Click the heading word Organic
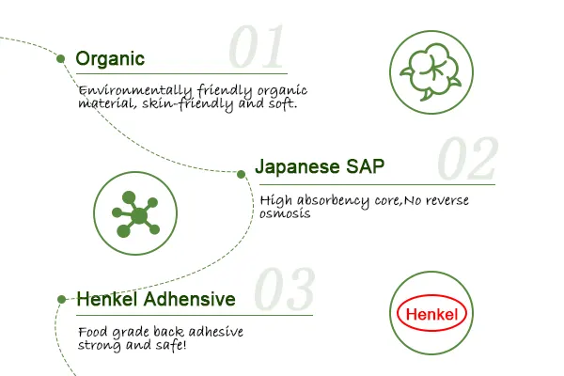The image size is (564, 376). pyautogui.click(x=110, y=59)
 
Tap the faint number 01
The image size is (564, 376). pyautogui.click(x=257, y=46)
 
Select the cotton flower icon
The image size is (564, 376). pyautogui.click(x=431, y=72)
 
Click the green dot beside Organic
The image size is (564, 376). pyautogui.click(x=61, y=58)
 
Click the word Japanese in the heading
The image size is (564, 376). pyautogui.click(x=297, y=167)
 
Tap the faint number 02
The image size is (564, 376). pyautogui.click(x=467, y=158)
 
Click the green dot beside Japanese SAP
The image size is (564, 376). pyautogui.click(x=241, y=175)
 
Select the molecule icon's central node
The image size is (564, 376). pyautogui.click(x=139, y=215)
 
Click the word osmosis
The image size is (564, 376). pyautogui.click(x=285, y=213)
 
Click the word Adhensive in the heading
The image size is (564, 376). pyautogui.click(x=190, y=299)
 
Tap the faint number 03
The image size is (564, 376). pyautogui.click(x=284, y=289)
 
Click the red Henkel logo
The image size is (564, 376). pyautogui.click(x=431, y=313)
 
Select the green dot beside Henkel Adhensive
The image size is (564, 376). pyautogui.click(x=61, y=299)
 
